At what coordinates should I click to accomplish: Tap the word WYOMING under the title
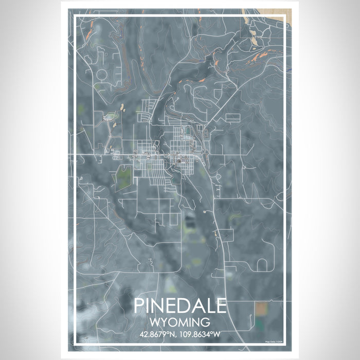tap(179, 323)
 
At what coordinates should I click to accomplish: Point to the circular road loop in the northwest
tap(101, 75)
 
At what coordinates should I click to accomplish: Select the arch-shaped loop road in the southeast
tap(261, 265)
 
